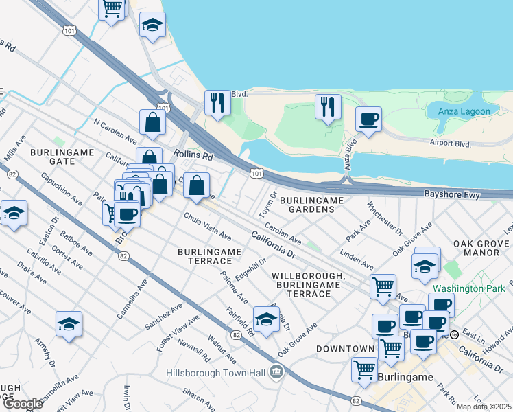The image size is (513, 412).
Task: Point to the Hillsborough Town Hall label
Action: [x=217, y=374]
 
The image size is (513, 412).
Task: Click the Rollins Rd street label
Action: [x=195, y=157]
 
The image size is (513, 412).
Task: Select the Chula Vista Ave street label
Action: [x=207, y=227]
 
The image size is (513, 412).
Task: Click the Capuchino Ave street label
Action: [x=57, y=189]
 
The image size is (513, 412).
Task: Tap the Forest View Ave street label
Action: [x=178, y=333]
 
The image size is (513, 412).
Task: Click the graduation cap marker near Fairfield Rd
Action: [x=266, y=318]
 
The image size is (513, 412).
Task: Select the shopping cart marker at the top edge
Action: [x=112, y=9]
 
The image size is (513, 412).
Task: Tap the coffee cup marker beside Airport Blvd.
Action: [x=368, y=119]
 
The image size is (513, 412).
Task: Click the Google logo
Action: [x=23, y=404]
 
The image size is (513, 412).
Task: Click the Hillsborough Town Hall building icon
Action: [x=276, y=373]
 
